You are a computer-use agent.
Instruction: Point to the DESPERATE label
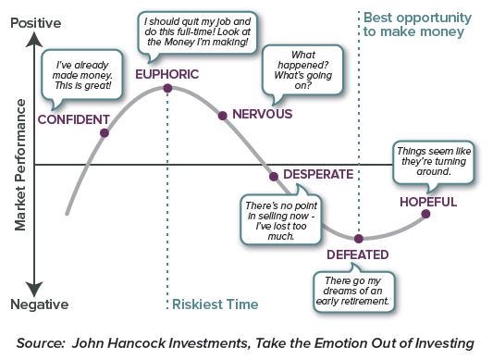click(318, 173)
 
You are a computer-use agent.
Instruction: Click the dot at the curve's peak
click(167, 89)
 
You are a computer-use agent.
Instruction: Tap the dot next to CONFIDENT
click(104, 132)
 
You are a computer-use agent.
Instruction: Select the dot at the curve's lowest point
click(358, 239)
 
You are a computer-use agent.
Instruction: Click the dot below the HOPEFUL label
click(426, 214)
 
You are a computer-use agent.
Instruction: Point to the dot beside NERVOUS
click(222, 115)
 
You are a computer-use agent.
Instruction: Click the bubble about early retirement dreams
click(356, 288)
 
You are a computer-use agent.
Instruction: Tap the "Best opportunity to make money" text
click(416, 25)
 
